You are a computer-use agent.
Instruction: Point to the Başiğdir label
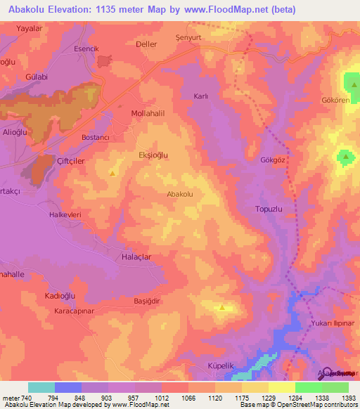148,300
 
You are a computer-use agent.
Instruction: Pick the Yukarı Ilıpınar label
335,323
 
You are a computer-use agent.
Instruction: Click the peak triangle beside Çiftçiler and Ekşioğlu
112,171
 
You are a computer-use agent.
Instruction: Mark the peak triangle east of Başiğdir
223,306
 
